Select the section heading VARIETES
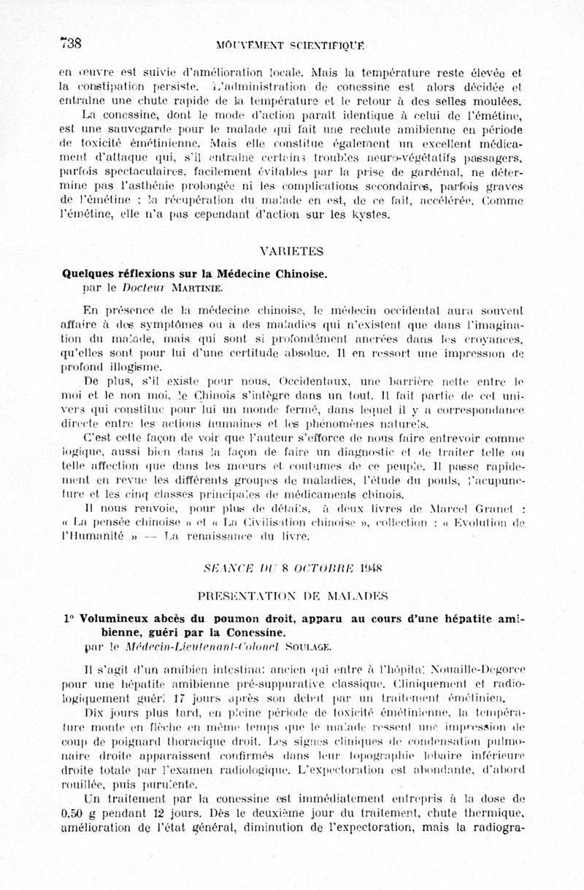tap(291, 251)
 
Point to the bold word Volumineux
tap(115, 618)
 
